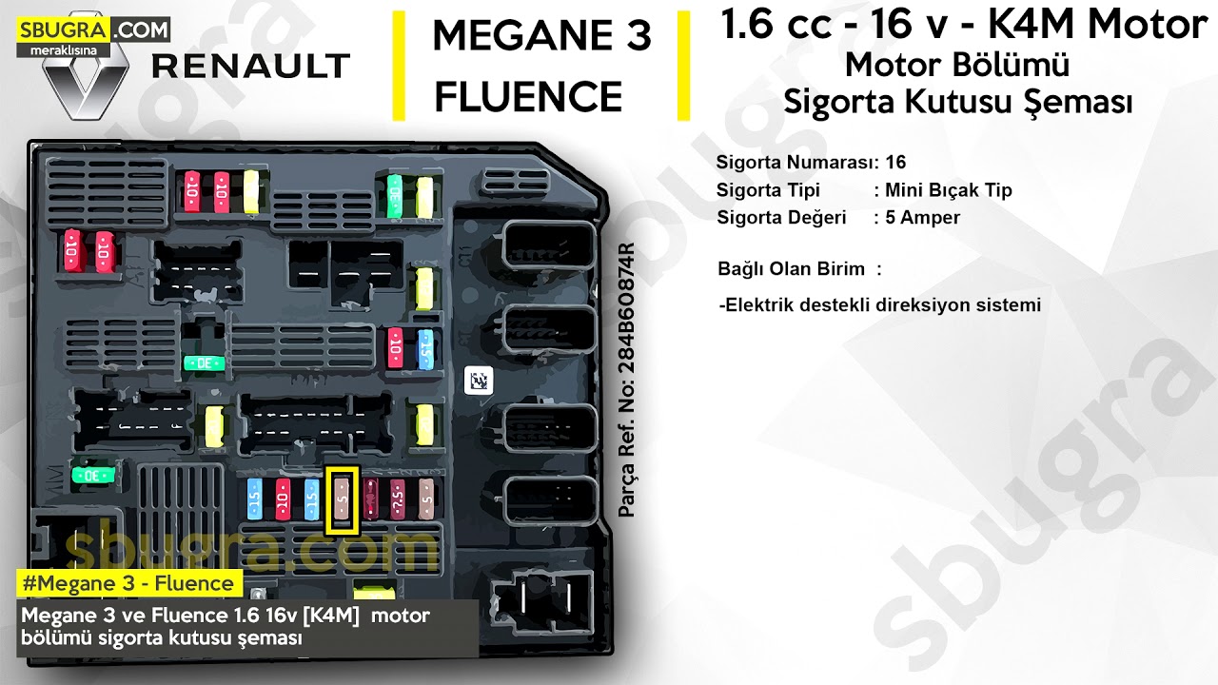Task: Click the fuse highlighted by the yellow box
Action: click(x=343, y=499)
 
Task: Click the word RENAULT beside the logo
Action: click(x=251, y=67)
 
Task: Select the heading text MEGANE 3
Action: click(x=540, y=36)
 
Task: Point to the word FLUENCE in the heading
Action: click(x=529, y=97)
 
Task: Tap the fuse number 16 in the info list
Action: click(x=895, y=162)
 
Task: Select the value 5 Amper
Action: click(x=922, y=217)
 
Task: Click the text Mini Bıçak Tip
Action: click(x=948, y=190)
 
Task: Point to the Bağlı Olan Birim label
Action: click(x=791, y=268)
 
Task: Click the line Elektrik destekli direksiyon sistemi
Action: click(x=881, y=305)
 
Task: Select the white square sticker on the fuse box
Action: click(x=478, y=382)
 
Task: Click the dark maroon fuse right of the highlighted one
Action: click(x=371, y=499)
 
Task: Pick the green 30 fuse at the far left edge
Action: click(x=94, y=475)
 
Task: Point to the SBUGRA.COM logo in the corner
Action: click(x=92, y=31)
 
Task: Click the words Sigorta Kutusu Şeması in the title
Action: click(x=957, y=101)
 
